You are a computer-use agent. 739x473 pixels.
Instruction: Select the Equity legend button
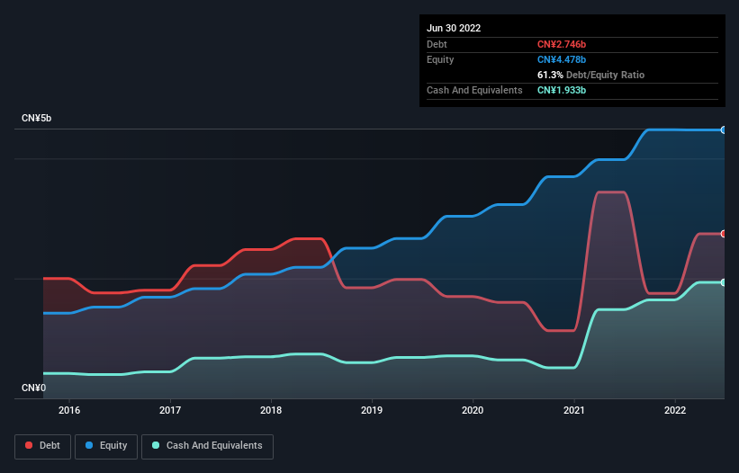click(106, 445)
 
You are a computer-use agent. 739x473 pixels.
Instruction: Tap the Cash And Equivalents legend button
click(207, 445)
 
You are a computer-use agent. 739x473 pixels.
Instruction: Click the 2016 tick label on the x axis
click(69, 410)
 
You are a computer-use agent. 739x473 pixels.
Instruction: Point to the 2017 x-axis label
click(170, 410)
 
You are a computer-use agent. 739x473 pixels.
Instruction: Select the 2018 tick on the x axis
click(271, 410)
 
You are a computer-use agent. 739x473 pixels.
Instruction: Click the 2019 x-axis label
click(372, 410)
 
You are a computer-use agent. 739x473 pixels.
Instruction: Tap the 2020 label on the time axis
click(473, 410)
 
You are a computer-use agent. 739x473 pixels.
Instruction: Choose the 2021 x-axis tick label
click(573, 410)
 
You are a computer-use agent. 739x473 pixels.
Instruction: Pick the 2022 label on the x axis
click(674, 410)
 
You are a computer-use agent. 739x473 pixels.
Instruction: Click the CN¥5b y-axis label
click(37, 119)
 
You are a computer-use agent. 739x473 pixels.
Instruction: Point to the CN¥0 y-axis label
click(34, 388)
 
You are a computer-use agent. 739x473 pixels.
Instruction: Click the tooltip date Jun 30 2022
click(454, 28)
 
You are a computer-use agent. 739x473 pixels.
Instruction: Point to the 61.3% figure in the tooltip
click(551, 75)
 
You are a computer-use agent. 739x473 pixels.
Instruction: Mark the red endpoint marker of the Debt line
click(723, 234)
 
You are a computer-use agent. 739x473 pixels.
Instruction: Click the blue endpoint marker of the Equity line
click(723, 130)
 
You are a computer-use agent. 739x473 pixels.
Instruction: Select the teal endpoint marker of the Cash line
click(723, 282)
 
